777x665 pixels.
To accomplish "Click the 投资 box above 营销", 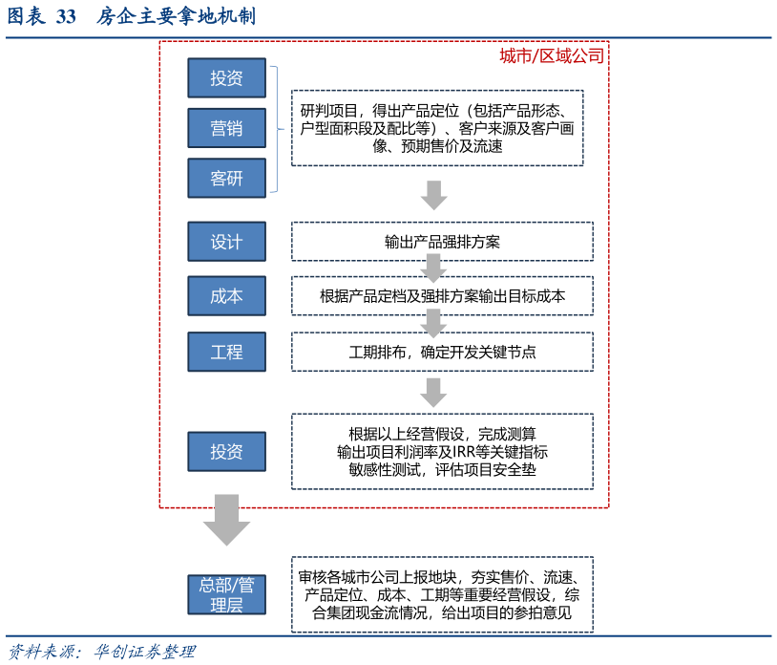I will [226, 77].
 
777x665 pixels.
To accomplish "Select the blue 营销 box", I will [226, 127].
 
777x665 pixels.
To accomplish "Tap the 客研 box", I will [226, 178].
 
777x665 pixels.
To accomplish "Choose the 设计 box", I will [226, 242].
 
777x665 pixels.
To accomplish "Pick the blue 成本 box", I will [226, 296].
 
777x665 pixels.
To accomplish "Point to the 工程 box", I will [226, 352].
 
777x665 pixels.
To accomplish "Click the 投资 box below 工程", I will [226, 451].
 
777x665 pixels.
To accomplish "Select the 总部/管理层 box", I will [226, 594].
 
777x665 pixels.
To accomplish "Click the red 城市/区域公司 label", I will [552, 56].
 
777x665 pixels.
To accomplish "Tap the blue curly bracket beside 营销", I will [277, 128].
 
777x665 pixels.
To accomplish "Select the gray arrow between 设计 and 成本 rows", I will [433, 268].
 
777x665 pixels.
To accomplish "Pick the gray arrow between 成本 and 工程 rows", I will [433, 323].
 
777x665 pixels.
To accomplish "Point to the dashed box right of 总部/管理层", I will [442, 594].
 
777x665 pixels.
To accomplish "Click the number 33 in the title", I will [66, 16].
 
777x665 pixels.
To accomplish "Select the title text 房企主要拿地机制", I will [176, 16].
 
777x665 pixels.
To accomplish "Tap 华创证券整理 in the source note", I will [144, 652].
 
